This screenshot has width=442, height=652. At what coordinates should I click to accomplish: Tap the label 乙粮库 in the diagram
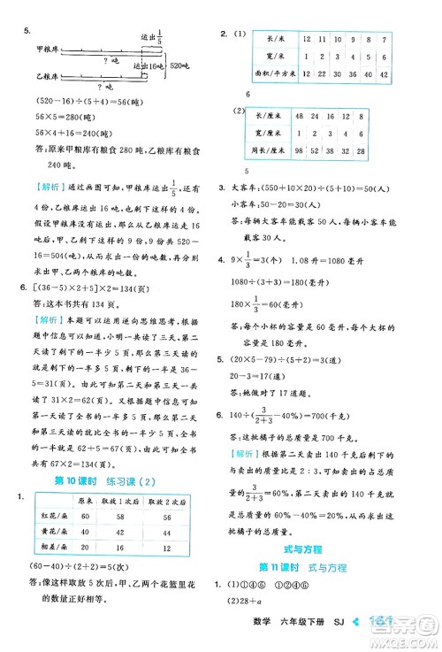click(45, 78)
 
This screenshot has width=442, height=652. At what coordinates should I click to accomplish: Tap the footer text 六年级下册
click(347, 640)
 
